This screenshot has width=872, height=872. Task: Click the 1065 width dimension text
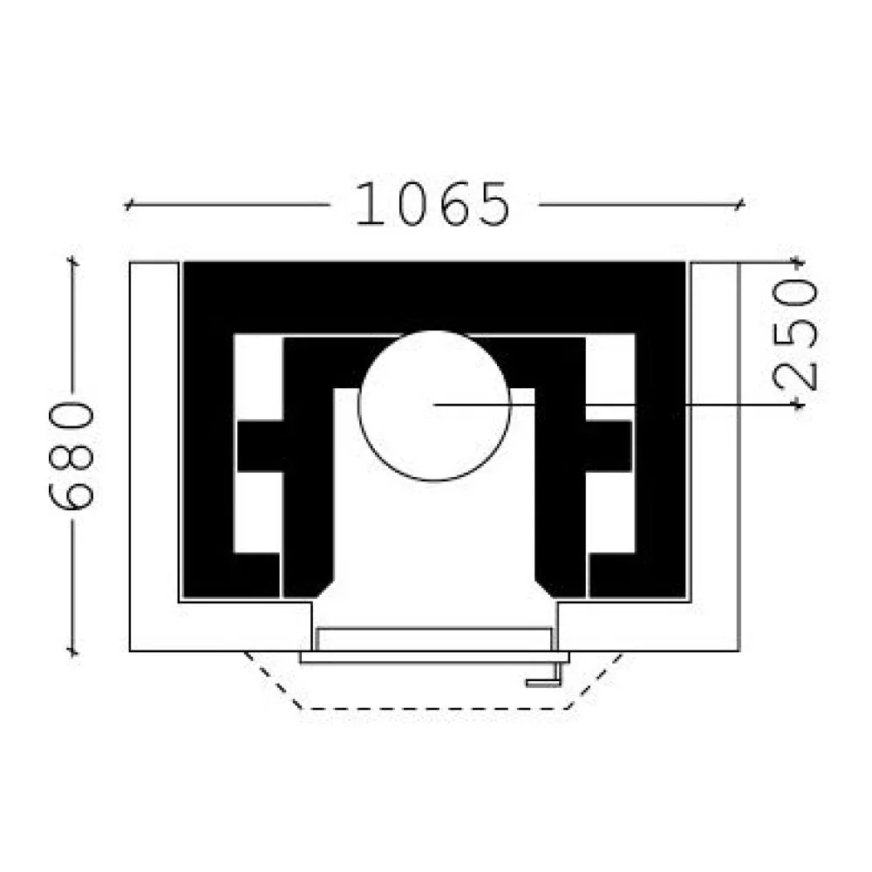[433, 204]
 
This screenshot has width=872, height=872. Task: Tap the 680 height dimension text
[72, 455]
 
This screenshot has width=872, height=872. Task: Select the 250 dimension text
[795, 335]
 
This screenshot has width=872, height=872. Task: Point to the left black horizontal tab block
[261, 446]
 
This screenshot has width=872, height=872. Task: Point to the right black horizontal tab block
[609, 446]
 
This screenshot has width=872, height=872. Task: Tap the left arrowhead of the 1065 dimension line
[127, 205]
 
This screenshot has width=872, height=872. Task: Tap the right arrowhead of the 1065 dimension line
[739, 205]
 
